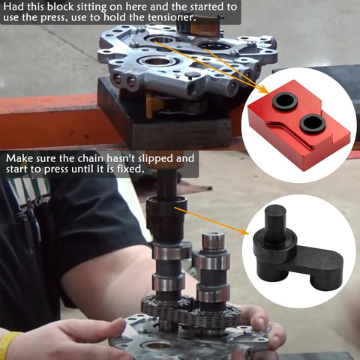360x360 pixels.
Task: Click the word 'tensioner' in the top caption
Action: [x=171, y=17]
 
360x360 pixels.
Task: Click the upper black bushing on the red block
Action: [x=285, y=100]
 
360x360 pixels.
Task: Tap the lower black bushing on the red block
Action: [x=312, y=123]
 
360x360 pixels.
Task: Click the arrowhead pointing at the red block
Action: [x=262, y=89]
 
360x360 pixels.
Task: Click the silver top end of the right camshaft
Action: [x=212, y=242]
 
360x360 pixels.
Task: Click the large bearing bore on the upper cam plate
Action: [x=157, y=61]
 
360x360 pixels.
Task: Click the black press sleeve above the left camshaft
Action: [x=166, y=217]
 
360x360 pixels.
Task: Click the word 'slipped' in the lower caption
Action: [x=155, y=159]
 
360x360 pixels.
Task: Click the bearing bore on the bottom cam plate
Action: [x=157, y=346]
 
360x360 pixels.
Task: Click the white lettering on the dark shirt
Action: [x=42, y=201]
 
